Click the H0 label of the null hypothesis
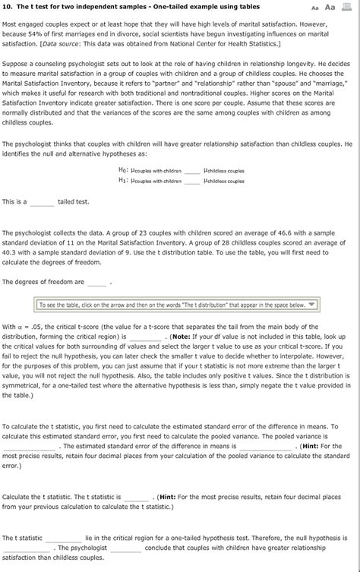[x=124, y=171]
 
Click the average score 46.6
[x=238, y=237]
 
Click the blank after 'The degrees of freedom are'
[x=96, y=281]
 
